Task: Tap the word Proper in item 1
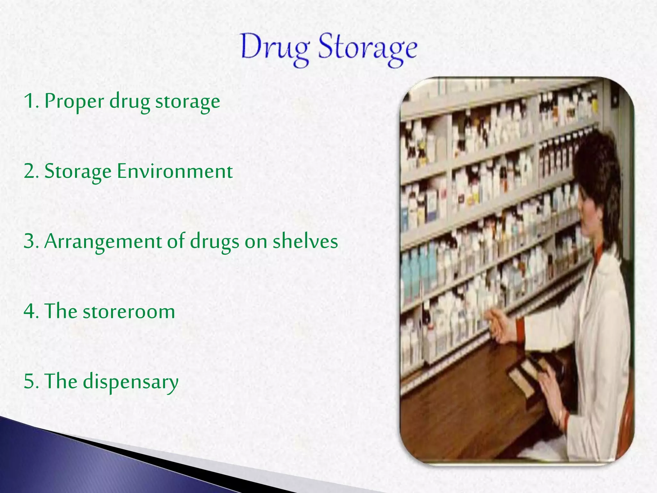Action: [x=74, y=101]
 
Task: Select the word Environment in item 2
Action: [x=175, y=171]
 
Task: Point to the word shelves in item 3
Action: [x=305, y=241]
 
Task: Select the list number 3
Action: [x=30, y=241]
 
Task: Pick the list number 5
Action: [x=30, y=381]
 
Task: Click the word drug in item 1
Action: [x=130, y=101]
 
